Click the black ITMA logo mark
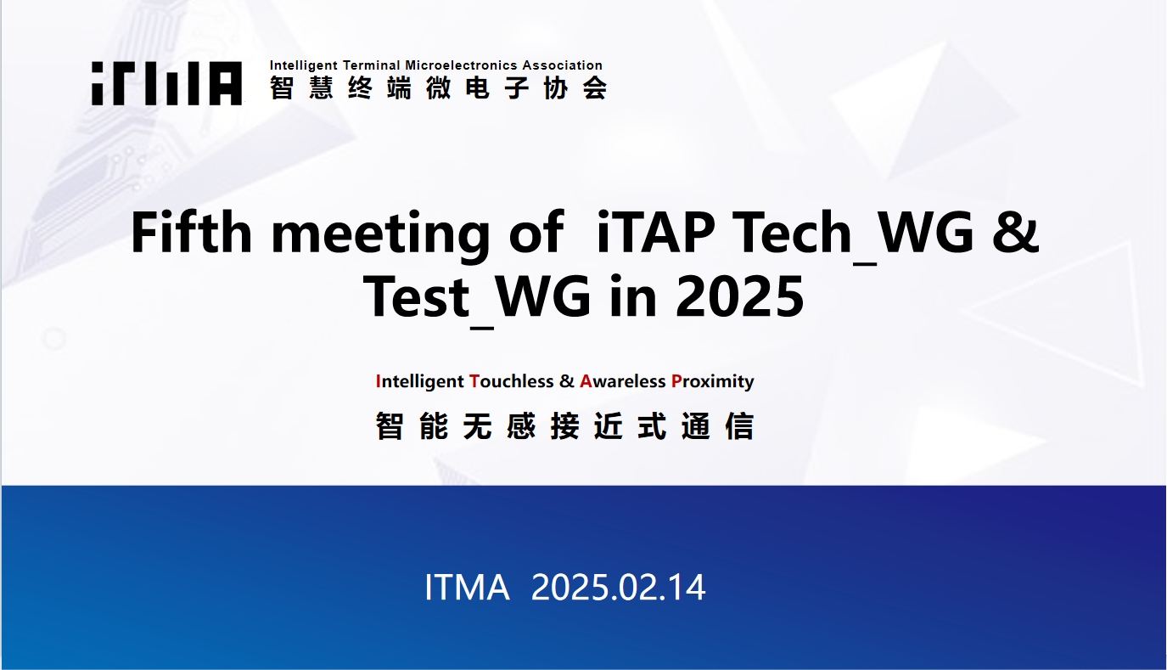(x=166, y=83)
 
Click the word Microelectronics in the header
(x=461, y=65)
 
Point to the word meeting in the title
(x=381, y=237)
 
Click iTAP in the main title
(x=655, y=232)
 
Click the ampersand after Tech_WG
(x=1015, y=232)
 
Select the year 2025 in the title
(x=740, y=296)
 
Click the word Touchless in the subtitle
(x=511, y=381)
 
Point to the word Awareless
(x=623, y=381)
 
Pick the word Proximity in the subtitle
(x=713, y=382)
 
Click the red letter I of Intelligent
(x=379, y=381)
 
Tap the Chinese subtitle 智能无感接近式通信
(x=564, y=426)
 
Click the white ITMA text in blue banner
(x=467, y=587)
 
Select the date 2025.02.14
(x=618, y=587)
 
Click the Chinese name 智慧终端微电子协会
(x=439, y=87)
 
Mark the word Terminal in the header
(x=372, y=65)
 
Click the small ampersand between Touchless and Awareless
(x=566, y=381)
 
